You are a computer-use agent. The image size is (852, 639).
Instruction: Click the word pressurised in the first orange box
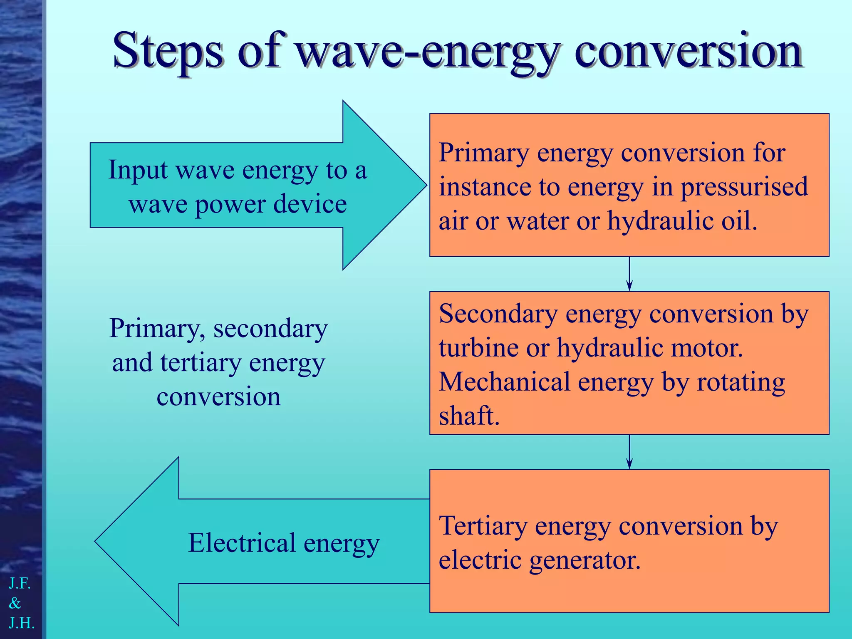744,187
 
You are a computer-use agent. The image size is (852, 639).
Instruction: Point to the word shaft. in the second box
469,416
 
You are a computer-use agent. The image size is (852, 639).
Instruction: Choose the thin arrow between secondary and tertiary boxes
629,452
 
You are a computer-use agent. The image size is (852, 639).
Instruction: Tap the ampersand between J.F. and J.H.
15,603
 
